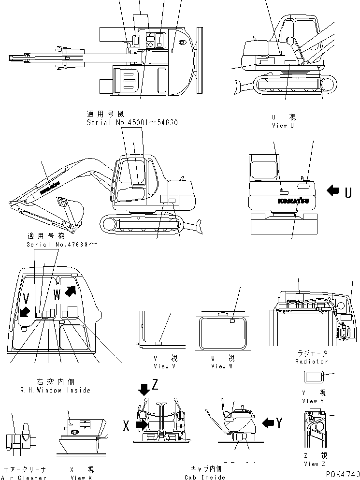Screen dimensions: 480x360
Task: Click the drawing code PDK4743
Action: coord(340,474)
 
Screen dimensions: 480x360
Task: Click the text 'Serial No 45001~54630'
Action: coord(132,123)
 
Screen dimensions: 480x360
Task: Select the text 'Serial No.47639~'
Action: coord(61,245)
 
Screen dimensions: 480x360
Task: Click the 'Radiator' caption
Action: coord(312,361)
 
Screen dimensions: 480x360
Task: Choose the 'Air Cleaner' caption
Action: coord(24,478)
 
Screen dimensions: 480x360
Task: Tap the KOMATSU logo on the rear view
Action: coord(293,200)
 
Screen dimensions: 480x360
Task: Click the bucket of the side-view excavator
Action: coord(72,210)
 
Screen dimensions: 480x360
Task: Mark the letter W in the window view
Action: coord(58,295)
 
